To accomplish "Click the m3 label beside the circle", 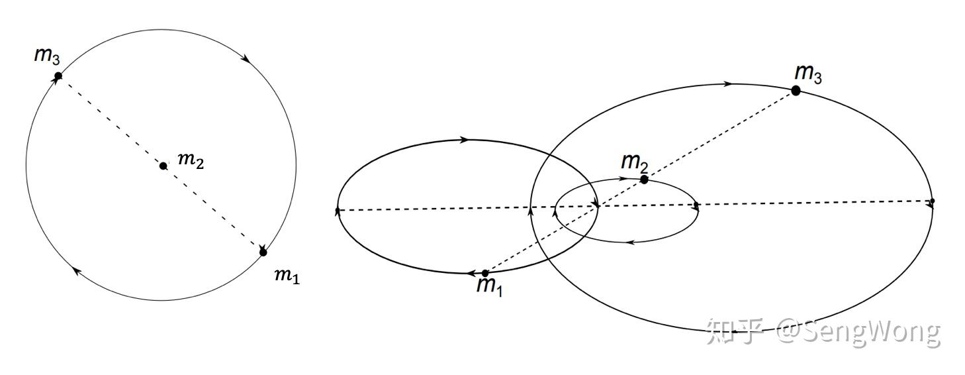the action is pyautogui.click(x=47, y=56).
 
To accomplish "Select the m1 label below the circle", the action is pyautogui.click(x=287, y=276).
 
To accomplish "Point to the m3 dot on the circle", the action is pyautogui.click(x=58, y=76).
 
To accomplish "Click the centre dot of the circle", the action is pyautogui.click(x=163, y=166).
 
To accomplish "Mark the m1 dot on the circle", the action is pyautogui.click(x=263, y=252).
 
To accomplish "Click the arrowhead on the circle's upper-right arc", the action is pyautogui.click(x=246, y=58).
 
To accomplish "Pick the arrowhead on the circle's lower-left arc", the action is pyautogui.click(x=77, y=270).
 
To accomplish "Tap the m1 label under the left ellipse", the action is pyautogui.click(x=489, y=286).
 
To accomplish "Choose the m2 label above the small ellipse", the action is pyautogui.click(x=633, y=161).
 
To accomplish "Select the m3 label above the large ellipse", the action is pyautogui.click(x=808, y=74).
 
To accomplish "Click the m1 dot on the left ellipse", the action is pyautogui.click(x=485, y=273).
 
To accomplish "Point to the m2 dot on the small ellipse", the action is pyautogui.click(x=644, y=180).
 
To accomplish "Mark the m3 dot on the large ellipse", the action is pyautogui.click(x=796, y=91).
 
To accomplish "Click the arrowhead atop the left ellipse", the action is pyautogui.click(x=465, y=140).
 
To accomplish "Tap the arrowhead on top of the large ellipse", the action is pyautogui.click(x=728, y=84).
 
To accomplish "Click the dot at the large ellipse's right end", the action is pyautogui.click(x=932, y=201).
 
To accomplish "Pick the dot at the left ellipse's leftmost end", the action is pyautogui.click(x=338, y=211).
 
